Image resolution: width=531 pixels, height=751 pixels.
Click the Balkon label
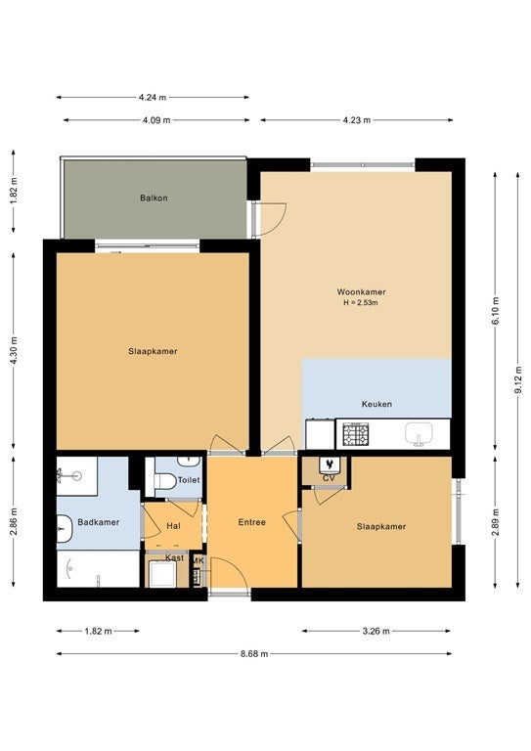click(x=154, y=198)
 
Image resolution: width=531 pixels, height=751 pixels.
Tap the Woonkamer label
click(x=361, y=291)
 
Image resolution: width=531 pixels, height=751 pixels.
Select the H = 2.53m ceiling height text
click(x=361, y=303)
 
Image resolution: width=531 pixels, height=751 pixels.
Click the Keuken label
click(x=376, y=404)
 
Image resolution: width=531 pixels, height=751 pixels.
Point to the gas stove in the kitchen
click(x=356, y=434)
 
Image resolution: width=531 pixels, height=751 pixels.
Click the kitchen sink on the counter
click(x=419, y=434)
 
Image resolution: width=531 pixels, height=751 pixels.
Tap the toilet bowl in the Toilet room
click(x=164, y=481)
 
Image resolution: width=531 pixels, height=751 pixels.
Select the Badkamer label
click(x=98, y=522)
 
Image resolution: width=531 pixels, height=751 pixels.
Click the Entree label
click(x=252, y=522)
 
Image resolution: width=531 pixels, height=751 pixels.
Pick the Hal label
click(x=173, y=526)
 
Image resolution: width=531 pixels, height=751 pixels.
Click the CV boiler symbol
click(x=329, y=464)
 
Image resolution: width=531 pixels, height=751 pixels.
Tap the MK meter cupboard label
click(x=199, y=561)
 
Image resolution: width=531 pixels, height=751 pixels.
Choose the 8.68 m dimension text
click(x=254, y=654)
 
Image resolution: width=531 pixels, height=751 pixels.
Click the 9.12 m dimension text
click(x=517, y=379)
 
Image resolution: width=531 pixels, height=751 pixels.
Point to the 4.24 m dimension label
click(x=153, y=97)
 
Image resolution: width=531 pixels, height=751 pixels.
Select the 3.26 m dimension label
click(x=376, y=631)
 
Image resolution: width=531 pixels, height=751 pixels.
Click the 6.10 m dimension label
click(x=495, y=311)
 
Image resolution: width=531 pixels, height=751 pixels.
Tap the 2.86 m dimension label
click(x=13, y=521)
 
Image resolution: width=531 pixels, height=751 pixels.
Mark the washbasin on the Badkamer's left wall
click(x=64, y=529)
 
